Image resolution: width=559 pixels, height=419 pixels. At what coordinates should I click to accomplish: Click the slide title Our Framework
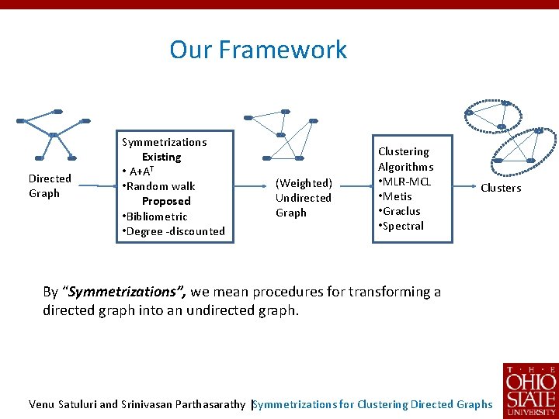(258, 50)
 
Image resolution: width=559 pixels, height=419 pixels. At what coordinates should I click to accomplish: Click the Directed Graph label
(50, 185)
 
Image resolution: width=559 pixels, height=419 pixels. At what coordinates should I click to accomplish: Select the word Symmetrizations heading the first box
(165, 142)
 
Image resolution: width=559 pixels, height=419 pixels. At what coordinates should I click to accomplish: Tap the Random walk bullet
(161, 186)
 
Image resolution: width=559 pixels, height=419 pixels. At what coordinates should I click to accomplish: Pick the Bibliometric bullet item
(155, 216)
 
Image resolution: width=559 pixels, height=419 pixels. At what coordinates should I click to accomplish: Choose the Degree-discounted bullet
(173, 231)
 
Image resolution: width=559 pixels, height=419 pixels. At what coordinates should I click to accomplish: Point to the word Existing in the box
(161, 157)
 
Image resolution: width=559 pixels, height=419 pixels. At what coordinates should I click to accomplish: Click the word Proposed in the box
(166, 201)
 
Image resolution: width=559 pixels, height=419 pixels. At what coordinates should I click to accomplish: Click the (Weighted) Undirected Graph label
(303, 198)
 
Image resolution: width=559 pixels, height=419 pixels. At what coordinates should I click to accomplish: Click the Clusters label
(501, 188)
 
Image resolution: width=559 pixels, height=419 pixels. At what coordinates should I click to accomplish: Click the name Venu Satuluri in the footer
(62, 403)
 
